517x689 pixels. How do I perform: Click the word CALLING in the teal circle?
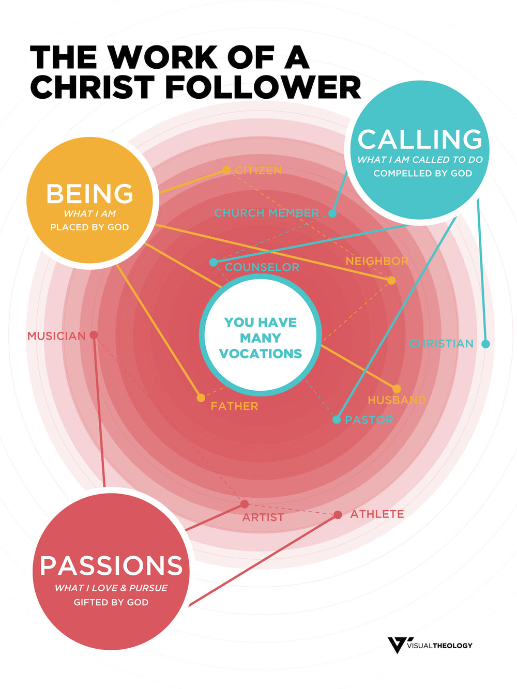[420, 140]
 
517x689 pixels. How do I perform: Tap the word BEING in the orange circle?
[90, 194]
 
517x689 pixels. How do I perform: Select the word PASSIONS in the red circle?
[111, 565]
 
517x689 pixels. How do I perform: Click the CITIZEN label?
[258, 171]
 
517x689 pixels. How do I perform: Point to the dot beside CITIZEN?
[226, 170]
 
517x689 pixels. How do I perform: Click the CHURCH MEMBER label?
[267, 213]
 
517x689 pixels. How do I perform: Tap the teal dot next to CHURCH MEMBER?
[332, 213]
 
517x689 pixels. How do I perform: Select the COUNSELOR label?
[262, 267]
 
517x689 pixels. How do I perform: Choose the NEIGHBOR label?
[377, 261]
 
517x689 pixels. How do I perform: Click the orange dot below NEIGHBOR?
[391, 280]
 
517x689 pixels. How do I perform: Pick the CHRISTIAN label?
[442, 344]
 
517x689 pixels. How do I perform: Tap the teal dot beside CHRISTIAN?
[485, 344]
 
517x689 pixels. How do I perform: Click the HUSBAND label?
[397, 400]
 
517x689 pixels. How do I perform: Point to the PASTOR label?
[369, 420]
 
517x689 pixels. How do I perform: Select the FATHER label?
[234, 406]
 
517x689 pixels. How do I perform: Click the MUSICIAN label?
[56, 336]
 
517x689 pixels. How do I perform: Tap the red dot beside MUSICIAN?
[94, 335]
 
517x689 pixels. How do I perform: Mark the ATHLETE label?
[377, 514]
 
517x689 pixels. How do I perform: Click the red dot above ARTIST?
[245, 504]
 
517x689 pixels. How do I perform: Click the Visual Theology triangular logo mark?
[397, 645]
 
